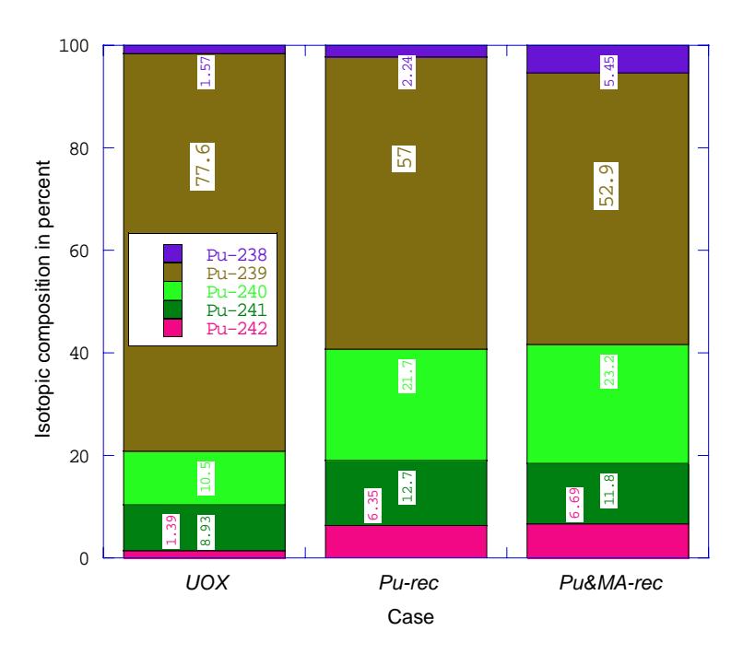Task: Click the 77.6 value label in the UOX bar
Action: (202, 166)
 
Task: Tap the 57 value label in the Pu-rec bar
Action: (404, 158)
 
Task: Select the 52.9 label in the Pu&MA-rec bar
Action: (606, 186)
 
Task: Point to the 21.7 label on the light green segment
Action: (407, 376)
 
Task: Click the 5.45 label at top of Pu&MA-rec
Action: (609, 72)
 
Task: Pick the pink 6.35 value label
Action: (373, 506)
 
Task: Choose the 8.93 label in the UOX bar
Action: (206, 532)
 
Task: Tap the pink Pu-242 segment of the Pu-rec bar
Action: (407, 542)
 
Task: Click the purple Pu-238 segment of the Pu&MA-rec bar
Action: (608, 59)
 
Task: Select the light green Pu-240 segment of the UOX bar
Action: (205, 478)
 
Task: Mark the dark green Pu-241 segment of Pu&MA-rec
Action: (608, 494)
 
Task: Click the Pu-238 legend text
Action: (237, 255)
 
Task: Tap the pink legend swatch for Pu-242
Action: (172, 328)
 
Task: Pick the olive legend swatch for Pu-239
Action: (172, 273)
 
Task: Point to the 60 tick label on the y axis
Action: (79, 251)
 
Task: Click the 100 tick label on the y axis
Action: (74, 46)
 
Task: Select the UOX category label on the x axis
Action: (207, 582)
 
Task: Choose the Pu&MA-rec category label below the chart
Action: (611, 582)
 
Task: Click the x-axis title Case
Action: (410, 616)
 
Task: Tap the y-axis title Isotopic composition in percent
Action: (43, 298)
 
